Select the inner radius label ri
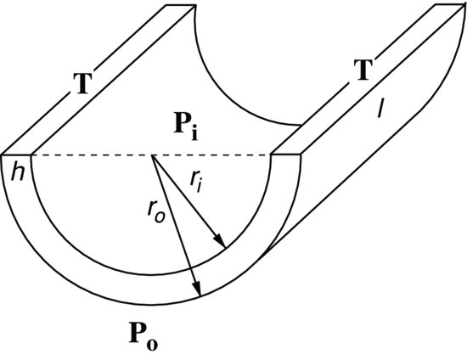pos(196,181)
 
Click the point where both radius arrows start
pos(152,155)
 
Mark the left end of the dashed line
pos(32,155)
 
